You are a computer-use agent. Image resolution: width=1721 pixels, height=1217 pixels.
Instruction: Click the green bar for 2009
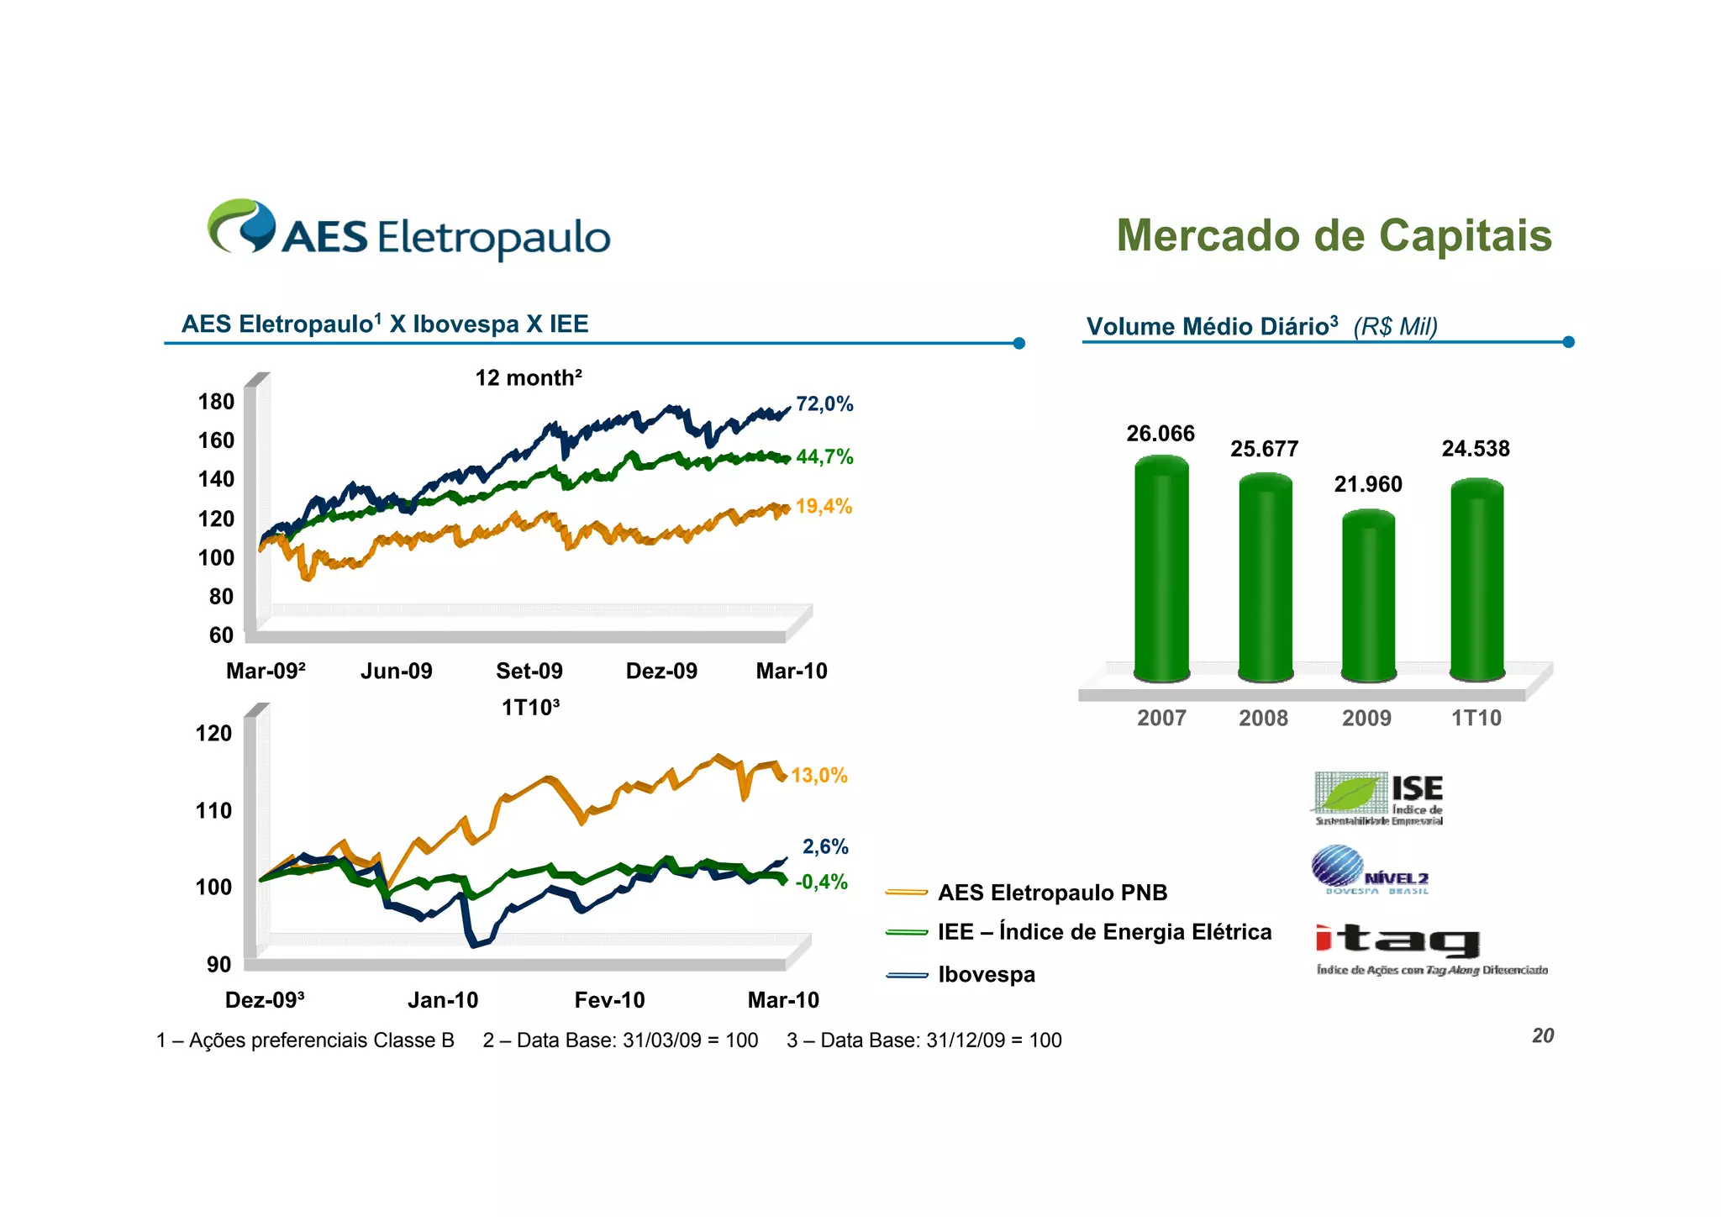(x=1367, y=597)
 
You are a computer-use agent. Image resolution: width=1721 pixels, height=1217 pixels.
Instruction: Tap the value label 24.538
(x=1475, y=449)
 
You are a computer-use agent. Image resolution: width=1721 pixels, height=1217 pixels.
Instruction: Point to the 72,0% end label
(x=824, y=404)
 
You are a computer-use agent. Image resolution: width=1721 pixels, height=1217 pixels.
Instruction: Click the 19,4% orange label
(x=823, y=507)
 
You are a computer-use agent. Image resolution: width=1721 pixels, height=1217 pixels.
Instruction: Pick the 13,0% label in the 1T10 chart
(x=818, y=776)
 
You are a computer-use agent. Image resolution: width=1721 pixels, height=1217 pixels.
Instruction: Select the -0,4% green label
(x=820, y=882)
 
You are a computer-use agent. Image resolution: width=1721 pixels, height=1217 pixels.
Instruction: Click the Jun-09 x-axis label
(x=396, y=671)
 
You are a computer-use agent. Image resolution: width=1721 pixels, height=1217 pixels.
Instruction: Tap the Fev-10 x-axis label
(x=609, y=1000)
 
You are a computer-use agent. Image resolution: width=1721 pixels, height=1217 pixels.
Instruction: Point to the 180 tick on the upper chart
(x=216, y=402)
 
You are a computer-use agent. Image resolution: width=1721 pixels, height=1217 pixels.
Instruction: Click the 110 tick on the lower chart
(x=213, y=811)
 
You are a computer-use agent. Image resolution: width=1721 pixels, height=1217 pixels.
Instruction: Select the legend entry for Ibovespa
(x=986, y=975)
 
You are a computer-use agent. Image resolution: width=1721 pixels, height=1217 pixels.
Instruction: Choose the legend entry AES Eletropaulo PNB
(x=1051, y=893)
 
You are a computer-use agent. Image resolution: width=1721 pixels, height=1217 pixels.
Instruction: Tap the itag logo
(x=1397, y=941)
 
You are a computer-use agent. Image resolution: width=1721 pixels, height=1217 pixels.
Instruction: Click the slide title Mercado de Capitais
(x=1334, y=235)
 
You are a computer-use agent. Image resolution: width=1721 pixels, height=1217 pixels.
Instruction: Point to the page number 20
(x=1542, y=1035)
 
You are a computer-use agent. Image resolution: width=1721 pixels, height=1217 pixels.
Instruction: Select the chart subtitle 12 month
(x=528, y=378)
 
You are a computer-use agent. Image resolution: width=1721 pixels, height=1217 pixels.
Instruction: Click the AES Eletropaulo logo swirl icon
(x=242, y=225)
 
